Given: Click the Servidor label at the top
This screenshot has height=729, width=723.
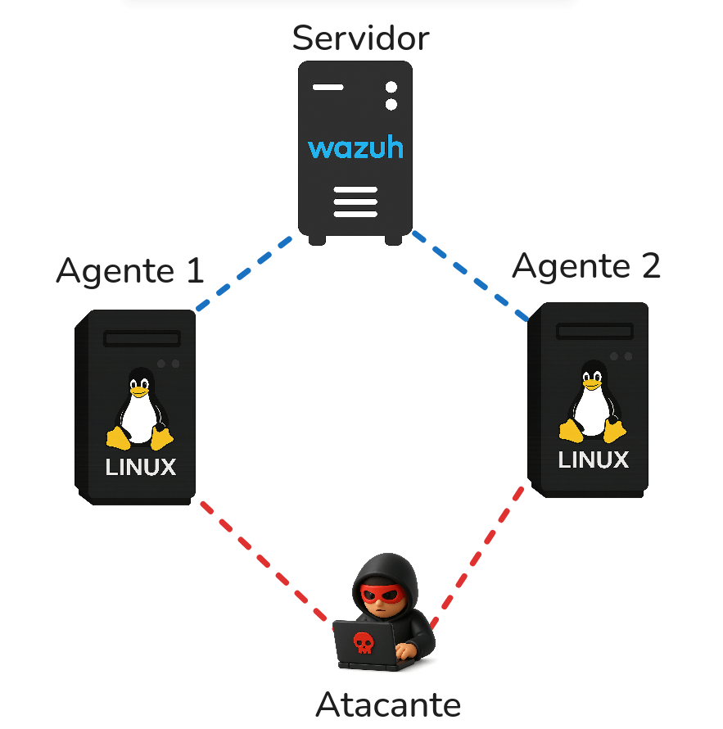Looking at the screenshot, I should point(360,38).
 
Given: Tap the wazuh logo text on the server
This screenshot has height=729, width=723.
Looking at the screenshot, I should point(355,148).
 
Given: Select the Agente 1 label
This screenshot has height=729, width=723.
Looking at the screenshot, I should point(129,270).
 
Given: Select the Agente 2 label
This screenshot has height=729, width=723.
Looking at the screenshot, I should point(586,265).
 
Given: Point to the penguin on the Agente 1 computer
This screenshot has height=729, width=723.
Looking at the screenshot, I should point(140,410).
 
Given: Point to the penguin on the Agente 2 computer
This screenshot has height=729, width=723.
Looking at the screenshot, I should point(592,403).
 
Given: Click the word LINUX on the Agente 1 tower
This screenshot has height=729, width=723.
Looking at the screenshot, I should point(141,468).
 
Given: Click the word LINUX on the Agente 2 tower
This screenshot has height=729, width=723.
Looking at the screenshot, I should point(594,460).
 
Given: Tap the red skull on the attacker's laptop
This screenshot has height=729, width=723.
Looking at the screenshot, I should point(361,642).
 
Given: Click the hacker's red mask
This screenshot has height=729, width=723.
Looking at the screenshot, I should point(383,594).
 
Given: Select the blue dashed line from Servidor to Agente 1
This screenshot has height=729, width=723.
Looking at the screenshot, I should point(244,274).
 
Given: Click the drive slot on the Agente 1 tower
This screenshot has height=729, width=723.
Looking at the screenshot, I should point(142,339).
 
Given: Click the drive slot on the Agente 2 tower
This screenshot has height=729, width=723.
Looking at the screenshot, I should point(594,332).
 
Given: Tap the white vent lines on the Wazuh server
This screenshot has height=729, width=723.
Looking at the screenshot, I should point(355,201).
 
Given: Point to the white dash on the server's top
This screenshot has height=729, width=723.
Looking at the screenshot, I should point(328,87).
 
